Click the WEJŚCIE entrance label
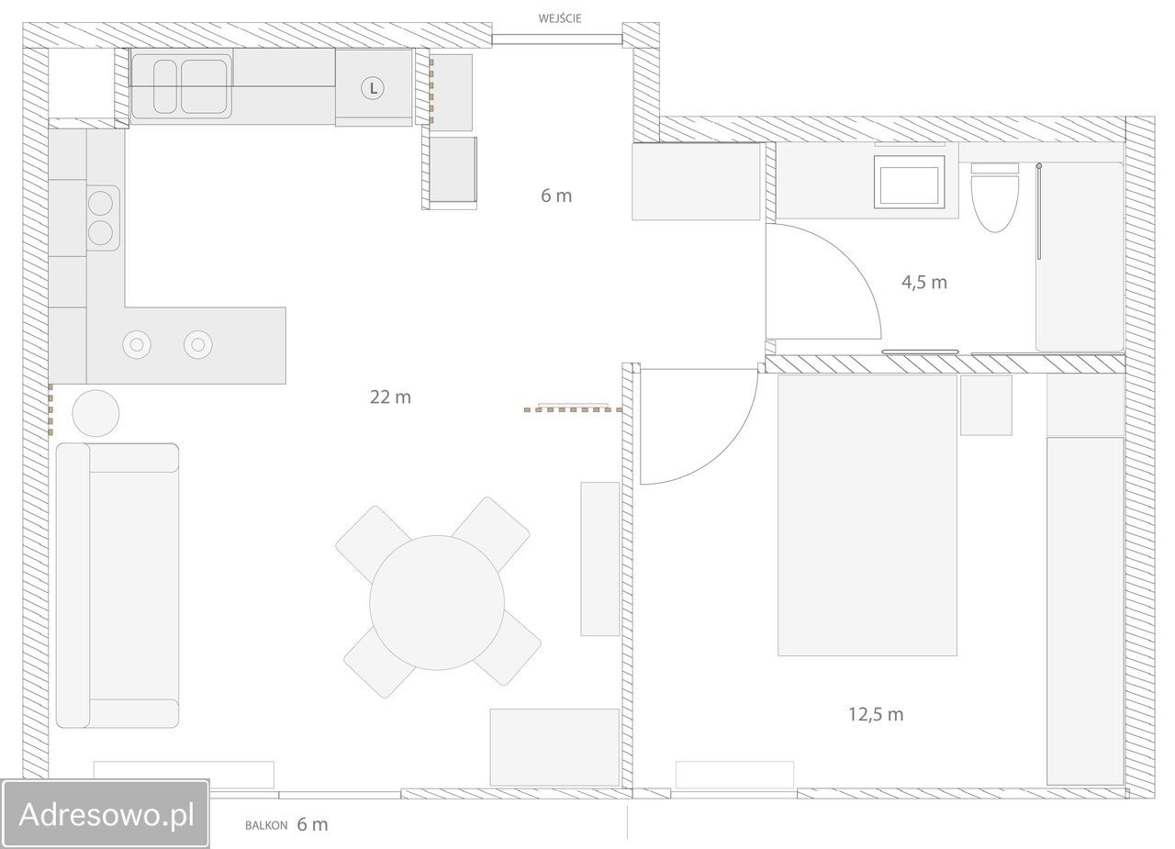click(x=560, y=18)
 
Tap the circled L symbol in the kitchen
click(x=373, y=88)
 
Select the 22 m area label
click(x=390, y=397)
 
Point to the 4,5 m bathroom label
click(x=924, y=283)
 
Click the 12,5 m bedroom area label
click(x=876, y=714)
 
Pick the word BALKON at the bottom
click(x=266, y=825)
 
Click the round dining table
click(x=437, y=602)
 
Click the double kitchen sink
click(x=182, y=86)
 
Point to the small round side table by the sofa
click(x=95, y=413)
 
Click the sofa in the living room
click(x=117, y=586)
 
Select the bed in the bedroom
click(x=867, y=515)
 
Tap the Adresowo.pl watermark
click(x=106, y=814)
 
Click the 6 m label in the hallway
click(x=556, y=195)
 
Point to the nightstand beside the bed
click(x=986, y=405)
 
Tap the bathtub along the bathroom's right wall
click(x=1080, y=256)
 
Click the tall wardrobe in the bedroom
click(x=1085, y=610)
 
